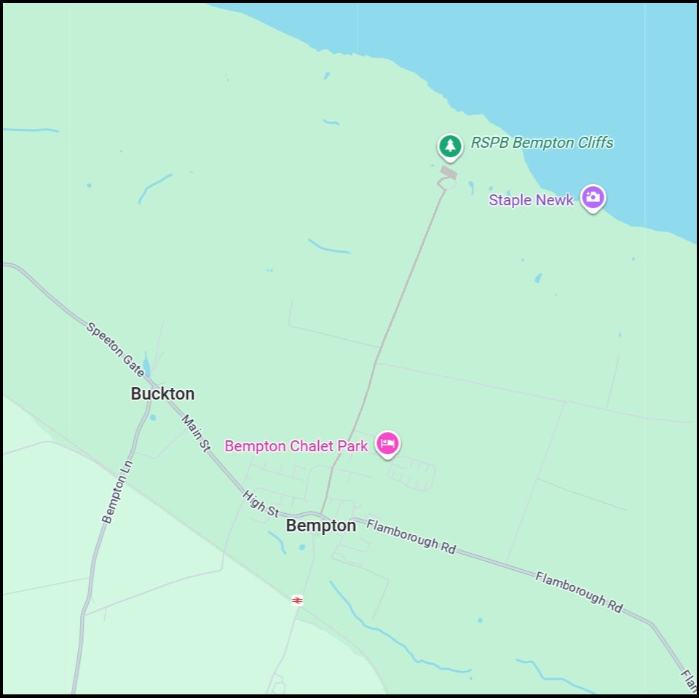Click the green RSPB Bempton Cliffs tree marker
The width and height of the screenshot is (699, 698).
coord(451,146)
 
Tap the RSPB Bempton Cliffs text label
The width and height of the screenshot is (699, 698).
coord(542,143)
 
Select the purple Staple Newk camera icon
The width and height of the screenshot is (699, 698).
coord(593,197)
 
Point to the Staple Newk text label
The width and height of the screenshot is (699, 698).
coord(531,199)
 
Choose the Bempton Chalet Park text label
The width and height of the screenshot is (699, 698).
coord(296,445)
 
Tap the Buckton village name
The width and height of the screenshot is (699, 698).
coord(162,394)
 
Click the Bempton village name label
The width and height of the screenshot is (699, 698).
coord(321,526)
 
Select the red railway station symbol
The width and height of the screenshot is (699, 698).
coord(297,600)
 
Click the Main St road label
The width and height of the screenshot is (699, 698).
coord(195,433)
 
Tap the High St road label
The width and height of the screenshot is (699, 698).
coord(261,503)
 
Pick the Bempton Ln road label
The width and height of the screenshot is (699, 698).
coord(117,491)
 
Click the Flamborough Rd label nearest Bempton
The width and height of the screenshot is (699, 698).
coord(411,536)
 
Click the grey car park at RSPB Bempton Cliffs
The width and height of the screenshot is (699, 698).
coord(449,172)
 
